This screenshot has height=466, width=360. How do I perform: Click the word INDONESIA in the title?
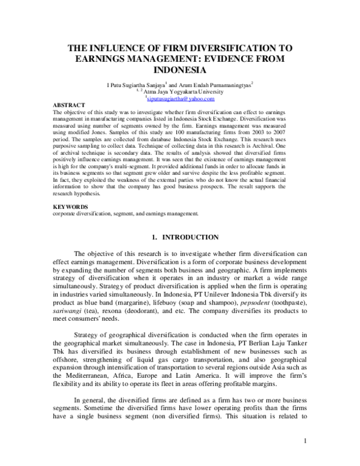pyautogui.click(x=180, y=70)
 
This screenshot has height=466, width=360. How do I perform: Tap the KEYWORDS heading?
pyautogui.click(x=70, y=207)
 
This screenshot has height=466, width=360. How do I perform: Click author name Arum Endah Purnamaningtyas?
pyautogui.click(x=215, y=86)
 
